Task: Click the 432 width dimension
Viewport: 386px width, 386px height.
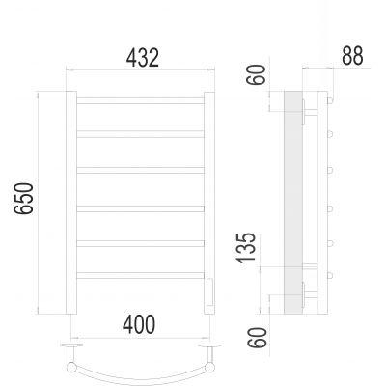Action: (x=143, y=58)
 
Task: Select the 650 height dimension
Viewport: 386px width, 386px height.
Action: (x=23, y=199)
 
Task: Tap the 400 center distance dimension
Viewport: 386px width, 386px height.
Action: (x=139, y=324)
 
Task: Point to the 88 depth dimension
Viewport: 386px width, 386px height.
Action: (x=352, y=56)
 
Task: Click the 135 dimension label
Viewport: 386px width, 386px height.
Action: (x=246, y=248)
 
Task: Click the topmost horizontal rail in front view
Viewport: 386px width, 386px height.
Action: (x=140, y=100)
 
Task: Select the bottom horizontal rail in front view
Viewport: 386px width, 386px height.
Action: (x=140, y=275)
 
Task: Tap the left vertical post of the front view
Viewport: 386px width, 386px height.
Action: (x=71, y=203)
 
